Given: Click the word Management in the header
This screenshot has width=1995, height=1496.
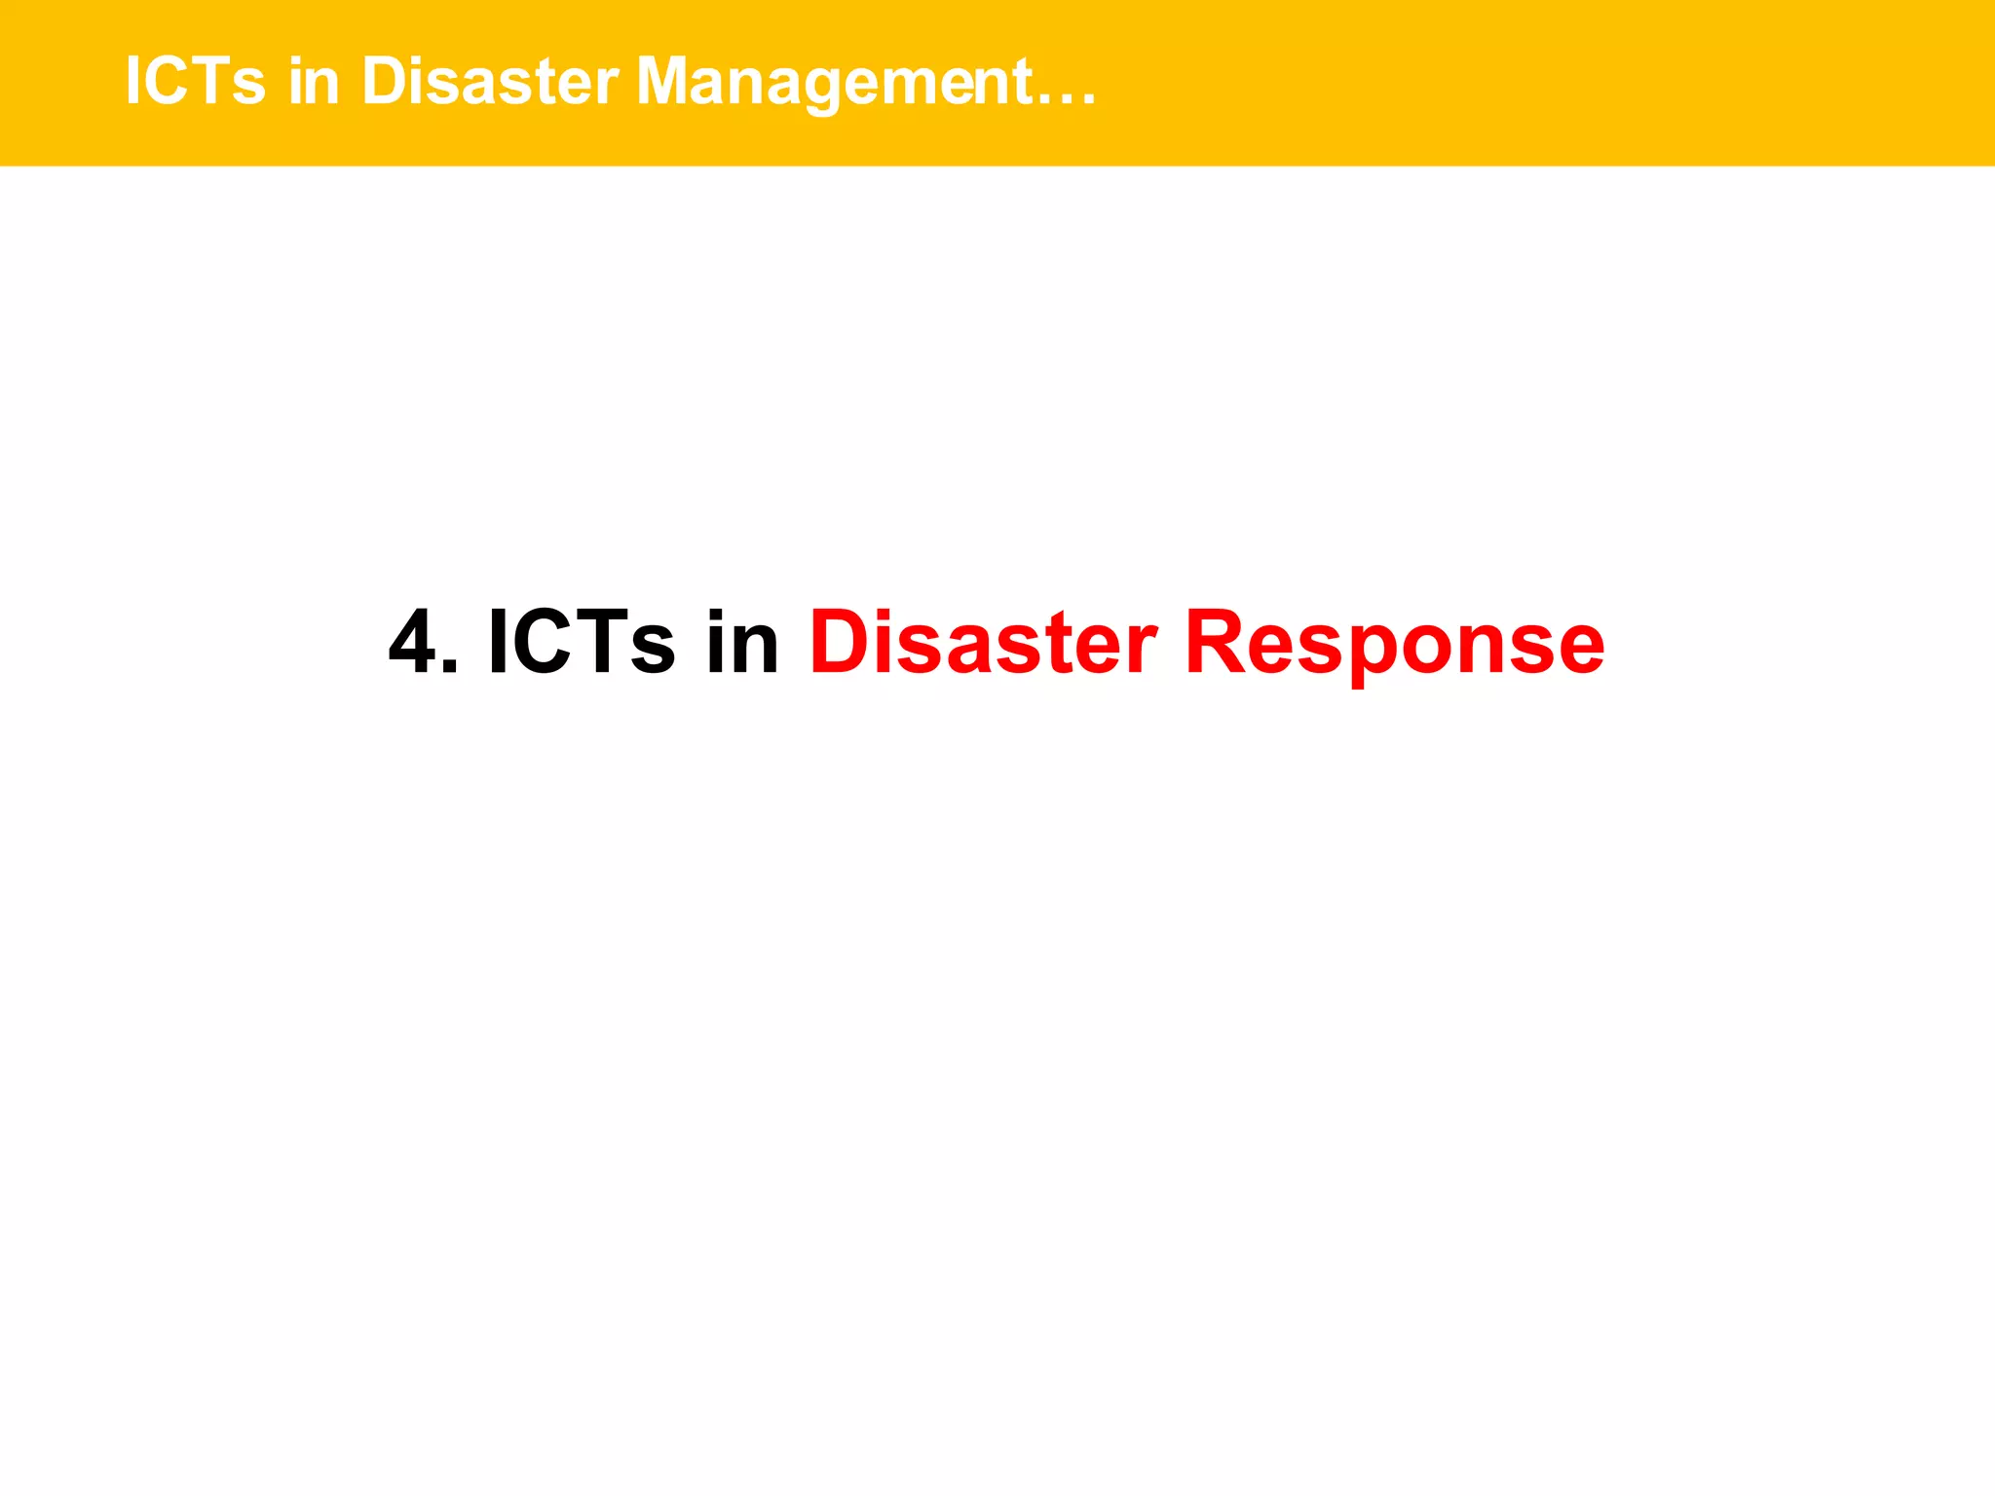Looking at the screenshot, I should (834, 82).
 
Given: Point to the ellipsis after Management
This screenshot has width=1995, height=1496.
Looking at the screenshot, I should (1067, 98).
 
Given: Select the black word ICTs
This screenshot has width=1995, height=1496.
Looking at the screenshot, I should (581, 642).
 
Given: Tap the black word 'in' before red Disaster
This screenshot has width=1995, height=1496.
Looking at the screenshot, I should (742, 642).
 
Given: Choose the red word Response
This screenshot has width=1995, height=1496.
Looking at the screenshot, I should (1394, 644).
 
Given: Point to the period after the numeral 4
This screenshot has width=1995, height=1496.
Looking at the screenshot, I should (448, 667).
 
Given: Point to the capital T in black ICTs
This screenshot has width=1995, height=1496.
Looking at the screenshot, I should (600, 642).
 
